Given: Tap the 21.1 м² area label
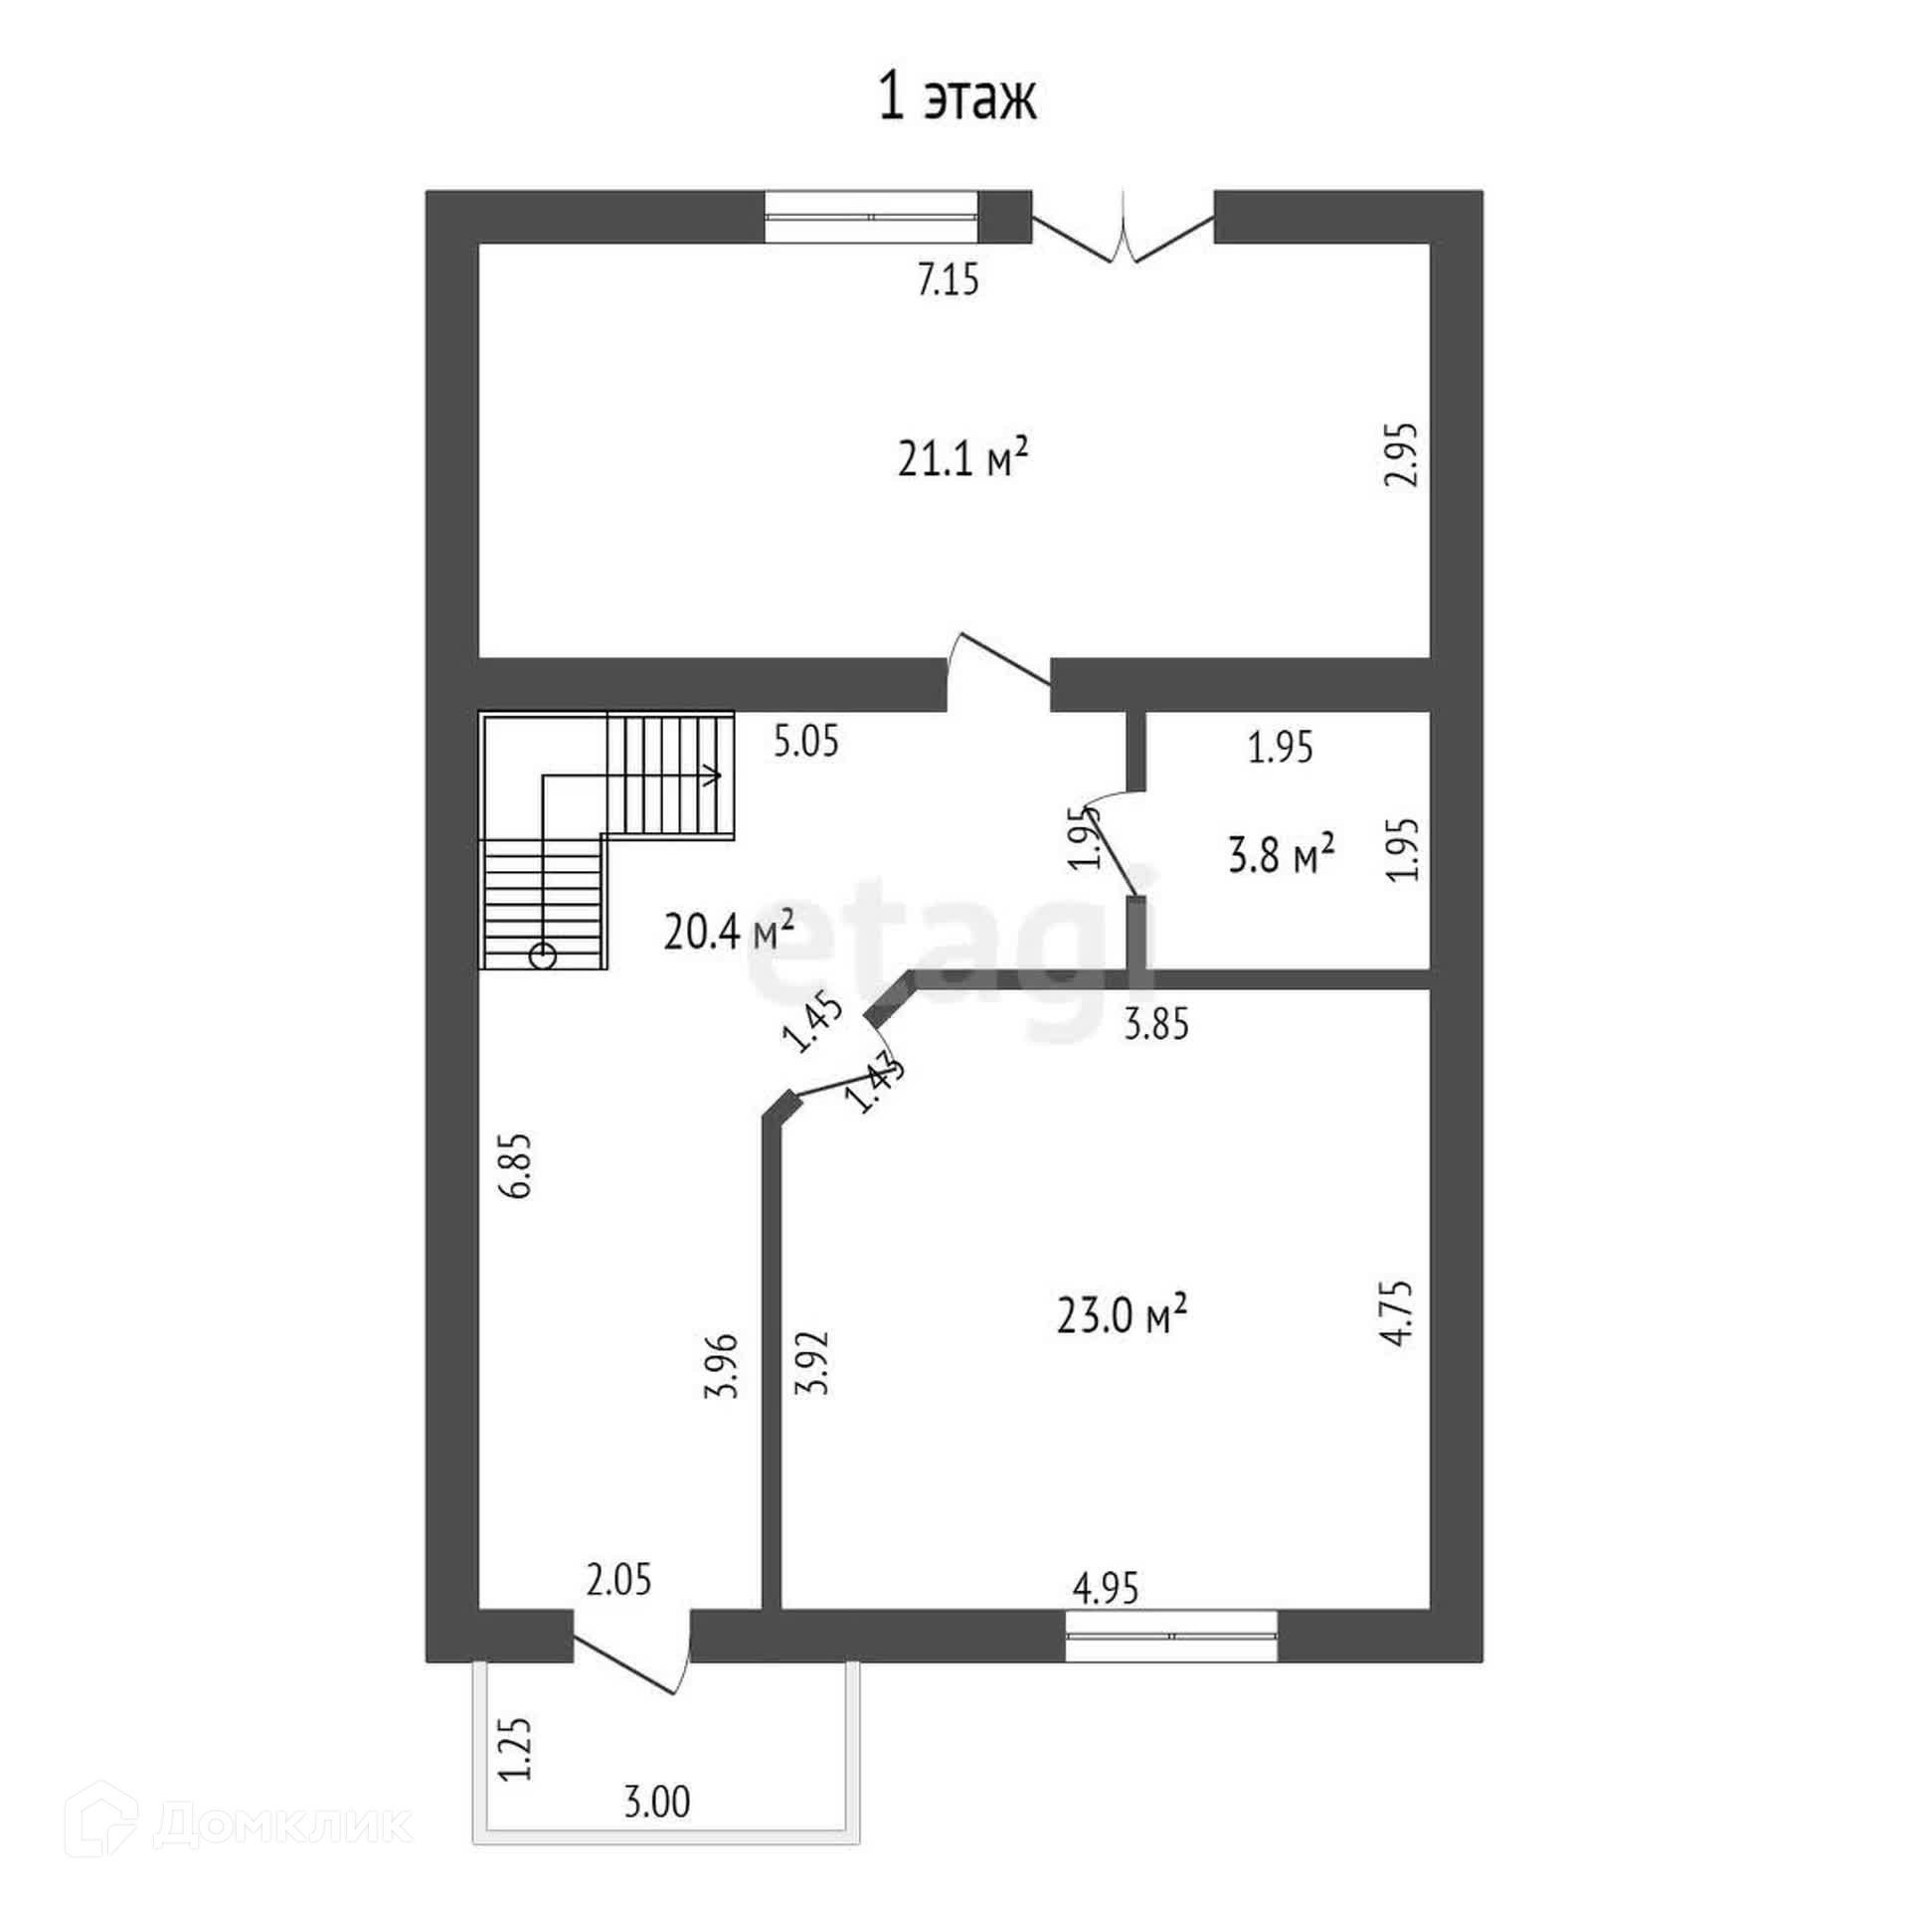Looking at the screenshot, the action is [x=961, y=460].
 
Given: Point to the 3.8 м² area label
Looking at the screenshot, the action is [x=1281, y=854].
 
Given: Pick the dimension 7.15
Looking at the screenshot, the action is [x=948, y=281].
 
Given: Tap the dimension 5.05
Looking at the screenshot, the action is [x=806, y=742].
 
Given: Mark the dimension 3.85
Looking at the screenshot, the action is [x=1155, y=1024].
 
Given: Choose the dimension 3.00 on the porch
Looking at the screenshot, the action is [x=657, y=1829].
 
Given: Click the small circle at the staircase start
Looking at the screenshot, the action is [x=543, y=955].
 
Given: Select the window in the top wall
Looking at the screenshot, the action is [x=871, y=216].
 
